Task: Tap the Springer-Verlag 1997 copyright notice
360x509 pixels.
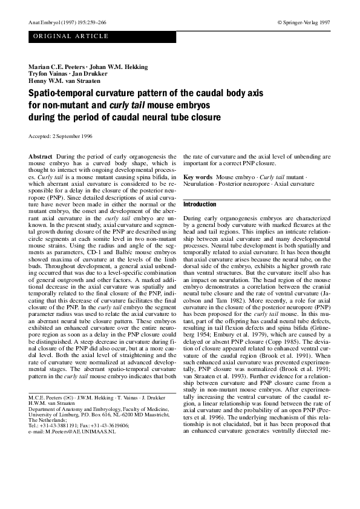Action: pyautogui.click(x=304, y=22)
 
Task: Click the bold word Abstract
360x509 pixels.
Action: pyautogui.click(x=41, y=157)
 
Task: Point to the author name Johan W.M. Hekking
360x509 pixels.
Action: pyautogui.click(x=114, y=66)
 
